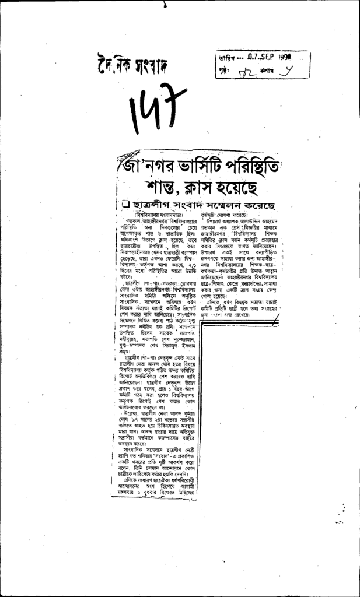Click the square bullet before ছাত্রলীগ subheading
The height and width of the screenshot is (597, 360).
pos(125,205)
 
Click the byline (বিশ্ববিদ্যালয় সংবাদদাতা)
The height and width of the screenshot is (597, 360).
pos(151,215)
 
